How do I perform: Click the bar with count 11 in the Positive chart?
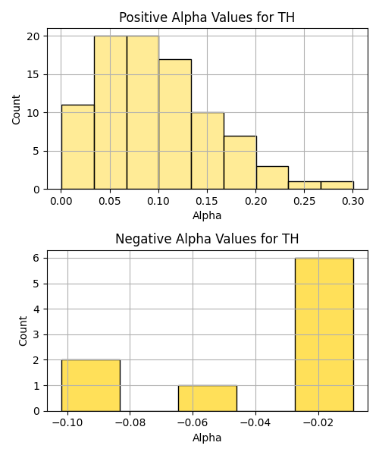click(x=78, y=147)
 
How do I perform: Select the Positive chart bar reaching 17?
click(x=175, y=124)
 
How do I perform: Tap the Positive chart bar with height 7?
click(x=240, y=162)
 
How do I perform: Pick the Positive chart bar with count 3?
click(x=272, y=178)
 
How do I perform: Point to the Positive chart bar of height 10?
click(x=208, y=151)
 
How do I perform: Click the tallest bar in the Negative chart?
click(x=324, y=334)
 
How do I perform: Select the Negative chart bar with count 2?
click(x=91, y=386)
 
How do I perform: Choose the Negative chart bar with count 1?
click(x=208, y=398)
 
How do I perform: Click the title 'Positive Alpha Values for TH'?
click(x=207, y=17)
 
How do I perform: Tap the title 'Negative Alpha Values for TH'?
click(x=207, y=239)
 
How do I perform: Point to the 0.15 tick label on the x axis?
click(x=207, y=201)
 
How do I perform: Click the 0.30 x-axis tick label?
click(x=353, y=201)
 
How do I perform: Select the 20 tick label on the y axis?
click(x=33, y=36)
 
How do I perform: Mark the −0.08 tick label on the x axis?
click(x=130, y=423)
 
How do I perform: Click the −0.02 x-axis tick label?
click(x=318, y=423)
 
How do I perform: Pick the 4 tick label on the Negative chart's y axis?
click(x=36, y=309)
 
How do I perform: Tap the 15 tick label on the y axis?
click(x=33, y=74)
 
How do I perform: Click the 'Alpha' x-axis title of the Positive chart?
click(x=207, y=215)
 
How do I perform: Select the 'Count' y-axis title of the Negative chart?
click(x=23, y=331)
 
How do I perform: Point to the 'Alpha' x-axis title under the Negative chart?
click(x=207, y=438)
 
